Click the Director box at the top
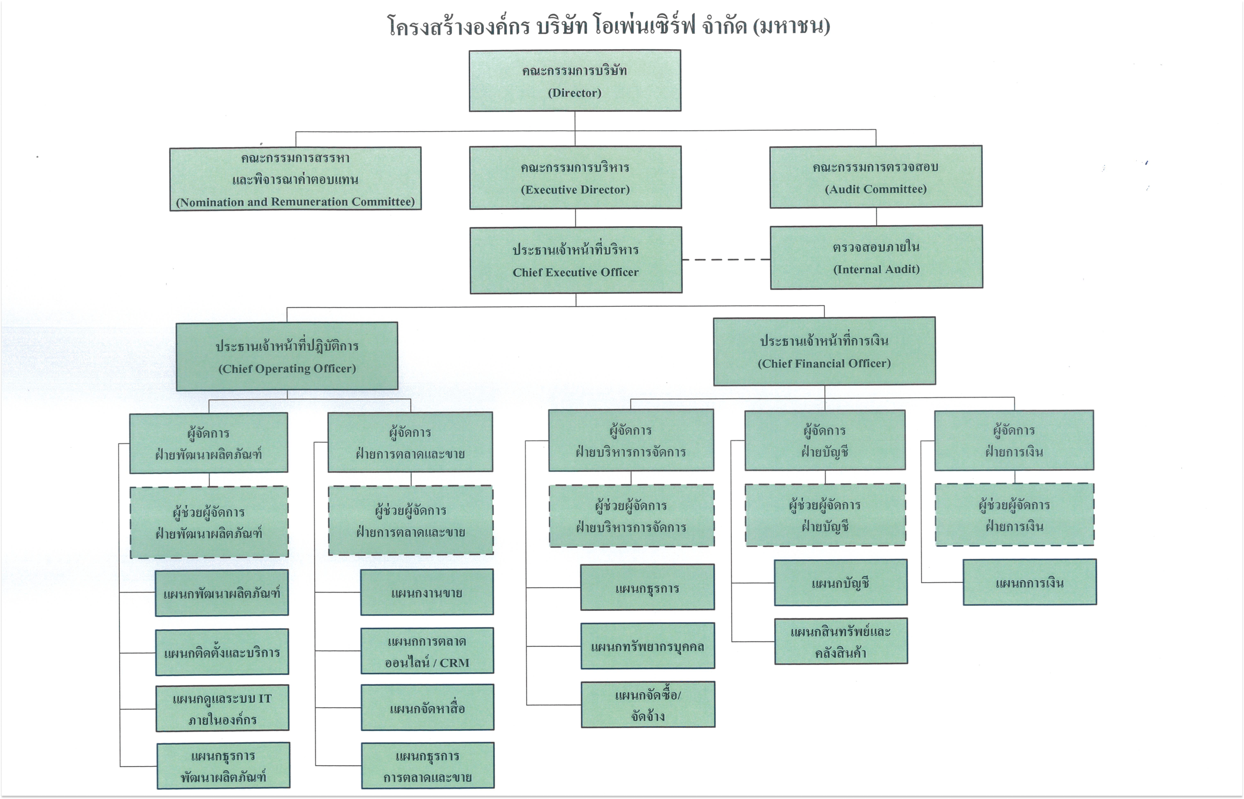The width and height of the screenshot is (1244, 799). (x=575, y=81)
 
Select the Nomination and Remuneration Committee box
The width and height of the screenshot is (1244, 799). (x=295, y=178)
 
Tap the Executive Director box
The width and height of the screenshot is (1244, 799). (x=576, y=177)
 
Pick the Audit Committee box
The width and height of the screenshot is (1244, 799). (x=876, y=176)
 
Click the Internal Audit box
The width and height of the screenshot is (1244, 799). (x=877, y=257)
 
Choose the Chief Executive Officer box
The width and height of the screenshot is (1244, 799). (x=576, y=260)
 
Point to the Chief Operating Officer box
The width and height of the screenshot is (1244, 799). (x=287, y=357)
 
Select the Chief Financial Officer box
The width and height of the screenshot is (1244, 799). (x=825, y=351)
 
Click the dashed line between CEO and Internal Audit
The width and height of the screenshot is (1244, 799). (x=726, y=259)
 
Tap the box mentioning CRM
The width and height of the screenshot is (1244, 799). (x=427, y=651)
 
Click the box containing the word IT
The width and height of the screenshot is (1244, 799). (x=222, y=708)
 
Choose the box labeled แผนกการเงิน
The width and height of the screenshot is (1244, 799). (x=1030, y=582)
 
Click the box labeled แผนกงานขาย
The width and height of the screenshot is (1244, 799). (x=427, y=593)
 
